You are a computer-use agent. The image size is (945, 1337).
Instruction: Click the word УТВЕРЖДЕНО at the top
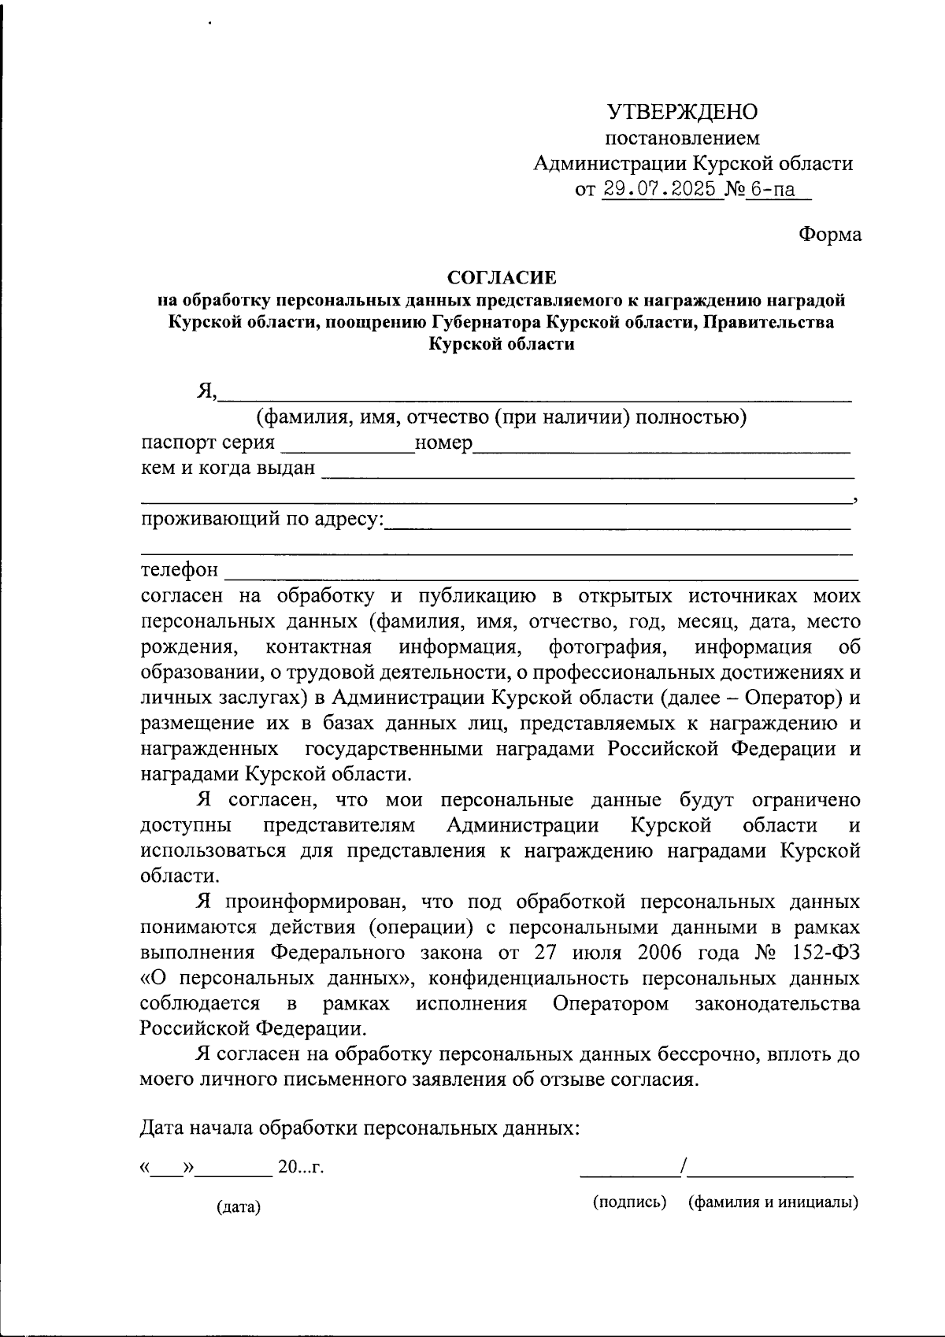[682, 112]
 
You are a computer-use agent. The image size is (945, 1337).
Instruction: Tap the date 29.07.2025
[661, 190]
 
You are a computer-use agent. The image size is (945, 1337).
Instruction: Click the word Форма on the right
[829, 235]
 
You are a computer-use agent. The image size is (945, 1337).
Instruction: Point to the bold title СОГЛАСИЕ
[502, 277]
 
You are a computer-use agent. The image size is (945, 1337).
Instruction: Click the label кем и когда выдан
[228, 469]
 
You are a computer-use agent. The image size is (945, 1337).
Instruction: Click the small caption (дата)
[239, 1207]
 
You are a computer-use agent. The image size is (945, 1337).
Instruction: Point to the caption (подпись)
[630, 1202]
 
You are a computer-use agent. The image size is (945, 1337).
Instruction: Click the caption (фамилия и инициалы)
[773, 1202]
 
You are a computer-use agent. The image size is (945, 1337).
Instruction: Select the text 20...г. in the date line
[301, 1167]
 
